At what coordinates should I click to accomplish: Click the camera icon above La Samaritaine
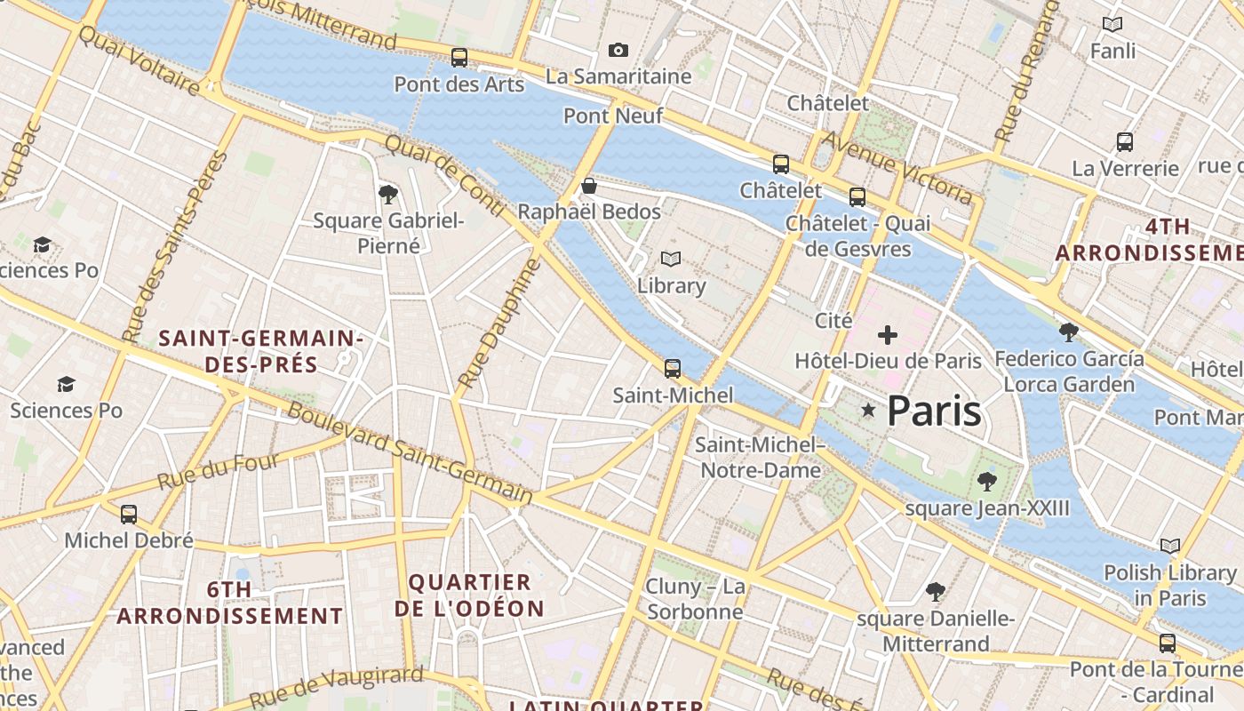click(x=618, y=51)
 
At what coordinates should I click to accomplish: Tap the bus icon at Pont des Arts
click(x=459, y=58)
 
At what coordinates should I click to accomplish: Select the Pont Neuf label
click(x=613, y=116)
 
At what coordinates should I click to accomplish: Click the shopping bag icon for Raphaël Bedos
click(x=588, y=186)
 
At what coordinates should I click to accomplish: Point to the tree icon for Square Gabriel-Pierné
click(x=387, y=194)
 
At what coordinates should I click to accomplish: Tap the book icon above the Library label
click(x=671, y=260)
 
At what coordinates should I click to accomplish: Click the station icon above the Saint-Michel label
click(x=673, y=369)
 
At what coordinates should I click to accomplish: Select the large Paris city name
click(x=934, y=411)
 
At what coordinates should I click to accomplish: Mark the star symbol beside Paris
click(x=868, y=410)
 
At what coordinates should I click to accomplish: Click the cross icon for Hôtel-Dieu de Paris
click(x=887, y=335)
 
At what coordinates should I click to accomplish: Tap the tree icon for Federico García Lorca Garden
click(x=1069, y=332)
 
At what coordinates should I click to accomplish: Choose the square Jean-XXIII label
click(x=987, y=508)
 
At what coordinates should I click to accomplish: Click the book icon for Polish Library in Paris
click(x=1170, y=546)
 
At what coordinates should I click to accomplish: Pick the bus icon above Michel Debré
click(x=129, y=514)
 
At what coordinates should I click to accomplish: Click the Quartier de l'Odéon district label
click(x=469, y=595)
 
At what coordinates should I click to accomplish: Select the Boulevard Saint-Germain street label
click(x=411, y=453)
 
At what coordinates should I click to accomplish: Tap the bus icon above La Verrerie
click(x=1124, y=142)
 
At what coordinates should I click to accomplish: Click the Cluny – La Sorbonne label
click(x=695, y=599)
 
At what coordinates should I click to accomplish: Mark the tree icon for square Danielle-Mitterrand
click(x=935, y=591)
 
